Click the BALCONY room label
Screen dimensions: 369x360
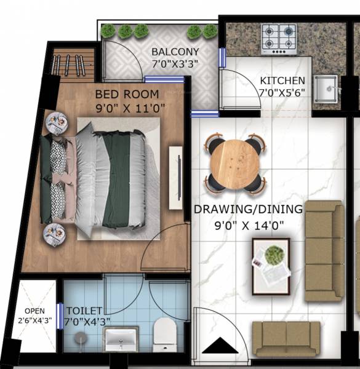(x=175, y=52)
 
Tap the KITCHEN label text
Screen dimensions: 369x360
(x=282, y=81)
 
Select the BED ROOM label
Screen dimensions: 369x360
(x=127, y=94)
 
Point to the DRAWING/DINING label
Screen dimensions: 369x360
(x=248, y=209)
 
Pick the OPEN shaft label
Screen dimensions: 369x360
(x=34, y=311)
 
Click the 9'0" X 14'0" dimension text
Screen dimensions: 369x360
(x=248, y=225)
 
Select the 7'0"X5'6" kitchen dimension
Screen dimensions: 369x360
(x=282, y=92)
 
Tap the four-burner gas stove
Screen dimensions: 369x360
(x=279, y=39)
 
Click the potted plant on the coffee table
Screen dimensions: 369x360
(x=274, y=254)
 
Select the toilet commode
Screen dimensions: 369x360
(x=164, y=331)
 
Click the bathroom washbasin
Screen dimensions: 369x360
(x=121, y=338)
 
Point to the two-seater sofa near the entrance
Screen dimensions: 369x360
(x=286, y=338)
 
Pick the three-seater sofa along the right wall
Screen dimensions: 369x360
(x=324, y=250)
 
